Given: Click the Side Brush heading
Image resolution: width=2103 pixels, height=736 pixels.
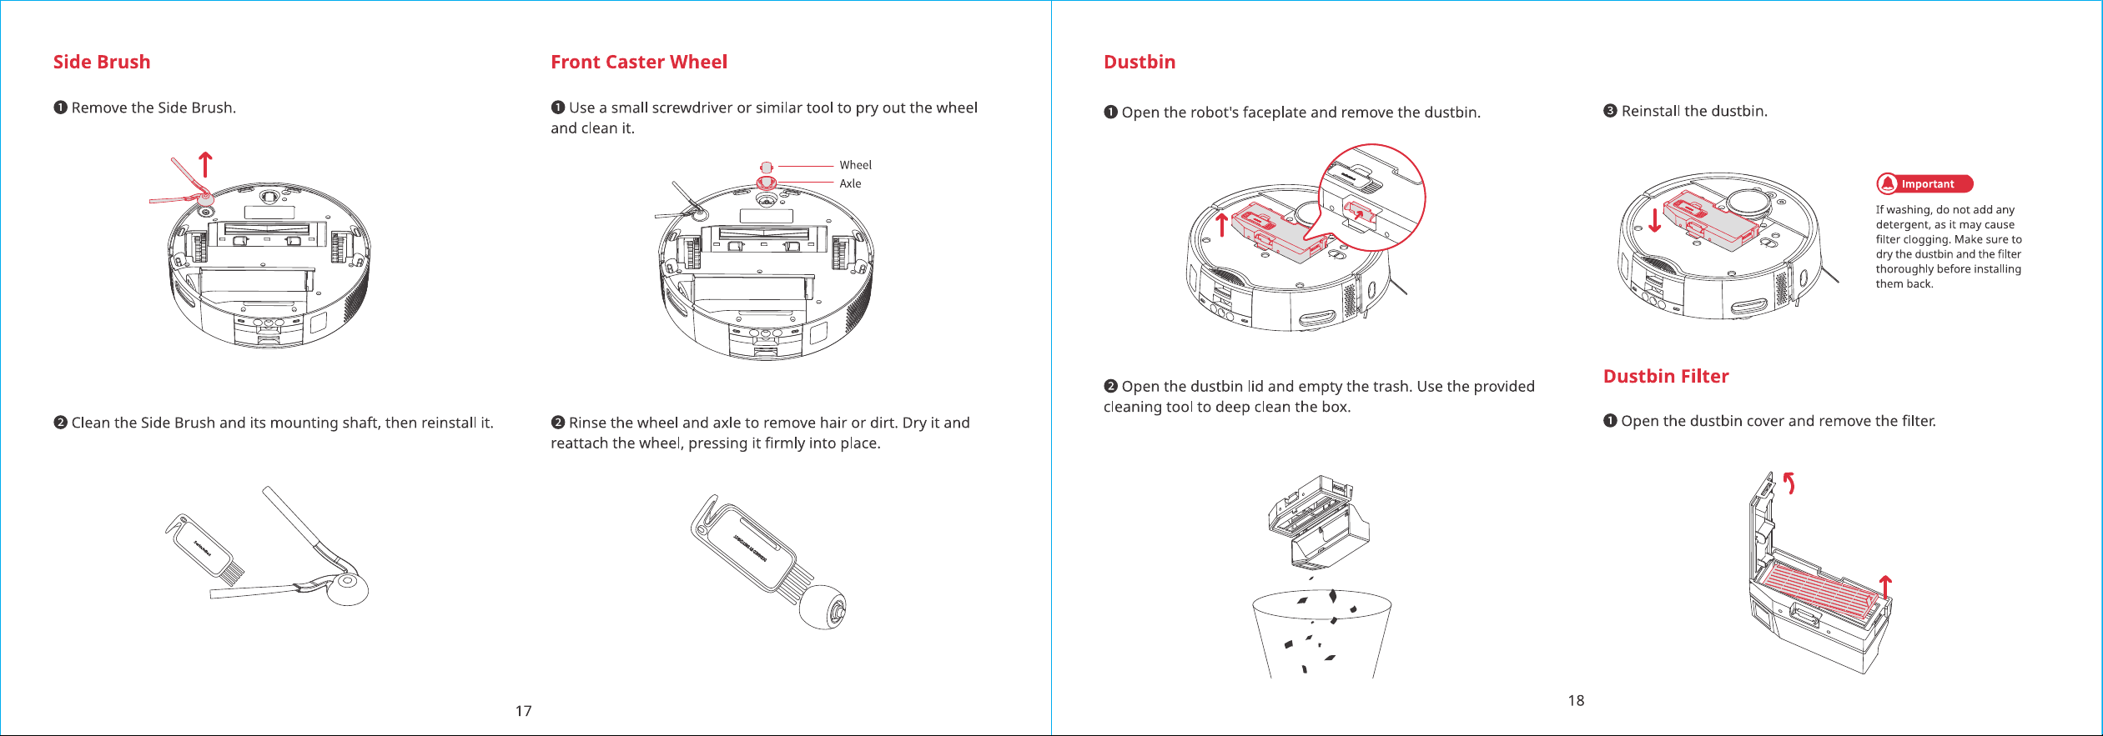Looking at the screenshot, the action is (x=102, y=63).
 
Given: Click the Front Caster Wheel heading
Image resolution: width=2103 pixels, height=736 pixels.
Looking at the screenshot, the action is (x=639, y=63).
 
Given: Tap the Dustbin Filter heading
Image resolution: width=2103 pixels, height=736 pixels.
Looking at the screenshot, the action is (x=1666, y=377).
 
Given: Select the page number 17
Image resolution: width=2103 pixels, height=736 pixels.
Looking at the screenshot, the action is (x=523, y=711).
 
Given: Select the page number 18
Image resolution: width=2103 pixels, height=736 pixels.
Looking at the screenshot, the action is (x=1576, y=701).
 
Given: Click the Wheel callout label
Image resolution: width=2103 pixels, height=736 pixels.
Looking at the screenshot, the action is (x=855, y=165).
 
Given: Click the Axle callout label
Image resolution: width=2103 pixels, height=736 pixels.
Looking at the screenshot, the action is (x=850, y=183).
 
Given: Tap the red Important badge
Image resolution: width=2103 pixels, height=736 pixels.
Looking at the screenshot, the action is (x=1924, y=184).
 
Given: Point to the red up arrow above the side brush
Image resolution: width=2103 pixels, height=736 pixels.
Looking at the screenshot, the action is (x=205, y=164).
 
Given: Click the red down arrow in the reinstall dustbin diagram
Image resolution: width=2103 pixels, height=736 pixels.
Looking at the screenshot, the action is (x=1655, y=219).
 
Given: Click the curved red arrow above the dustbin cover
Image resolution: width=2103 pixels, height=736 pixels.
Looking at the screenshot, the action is (x=1789, y=483).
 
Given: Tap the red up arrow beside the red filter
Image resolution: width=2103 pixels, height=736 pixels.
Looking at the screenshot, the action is (x=1885, y=588).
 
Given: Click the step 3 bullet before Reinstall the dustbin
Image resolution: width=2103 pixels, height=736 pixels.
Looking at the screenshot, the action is (x=1610, y=111).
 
